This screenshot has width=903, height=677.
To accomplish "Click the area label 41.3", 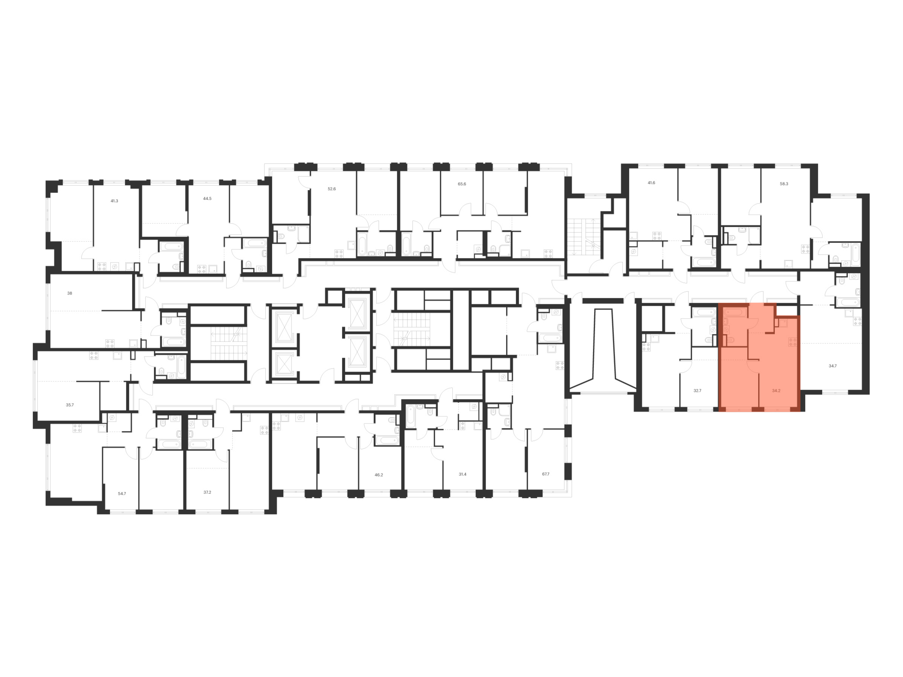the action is pos(114,201).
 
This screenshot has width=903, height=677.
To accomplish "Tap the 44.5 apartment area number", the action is pos(207,198).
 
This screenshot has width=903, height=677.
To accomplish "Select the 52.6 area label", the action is pos(331,189).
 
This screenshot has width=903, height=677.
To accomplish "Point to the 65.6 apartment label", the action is pos(462,184).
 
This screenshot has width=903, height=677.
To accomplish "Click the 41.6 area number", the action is pos(651,183).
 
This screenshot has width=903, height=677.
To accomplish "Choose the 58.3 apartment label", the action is pos(784,184).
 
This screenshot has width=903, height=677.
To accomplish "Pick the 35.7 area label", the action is pos(70,405).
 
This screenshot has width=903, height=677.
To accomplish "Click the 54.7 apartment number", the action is pos(122,493).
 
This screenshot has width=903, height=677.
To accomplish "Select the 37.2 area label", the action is pos(207,492).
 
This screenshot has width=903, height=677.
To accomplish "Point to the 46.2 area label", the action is pos(379,475).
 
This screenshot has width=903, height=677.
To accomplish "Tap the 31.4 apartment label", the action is pos(462,474).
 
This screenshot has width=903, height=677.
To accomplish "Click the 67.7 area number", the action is pos(546,474).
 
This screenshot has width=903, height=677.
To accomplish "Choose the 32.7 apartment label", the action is pos(697,390).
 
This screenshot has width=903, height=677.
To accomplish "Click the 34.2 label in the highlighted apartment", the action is pos(776,390).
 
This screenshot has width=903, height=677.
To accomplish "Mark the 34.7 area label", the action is pos(833,366).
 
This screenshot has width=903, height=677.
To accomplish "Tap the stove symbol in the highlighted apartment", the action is pos(793,342).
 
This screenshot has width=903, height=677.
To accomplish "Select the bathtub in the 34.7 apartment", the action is pos(848,302).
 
